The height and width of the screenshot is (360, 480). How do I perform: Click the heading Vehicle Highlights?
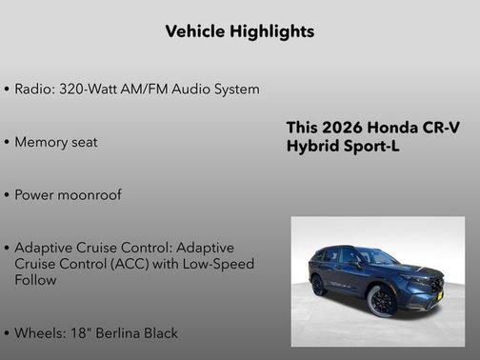tap(239, 31)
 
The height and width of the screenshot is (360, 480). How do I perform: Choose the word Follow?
tap(35, 281)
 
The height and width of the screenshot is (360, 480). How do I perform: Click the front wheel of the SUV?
tap(381, 299)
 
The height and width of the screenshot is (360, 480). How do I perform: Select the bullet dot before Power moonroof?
tap(8, 195)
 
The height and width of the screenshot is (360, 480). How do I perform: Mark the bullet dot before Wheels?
tap(8, 333)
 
